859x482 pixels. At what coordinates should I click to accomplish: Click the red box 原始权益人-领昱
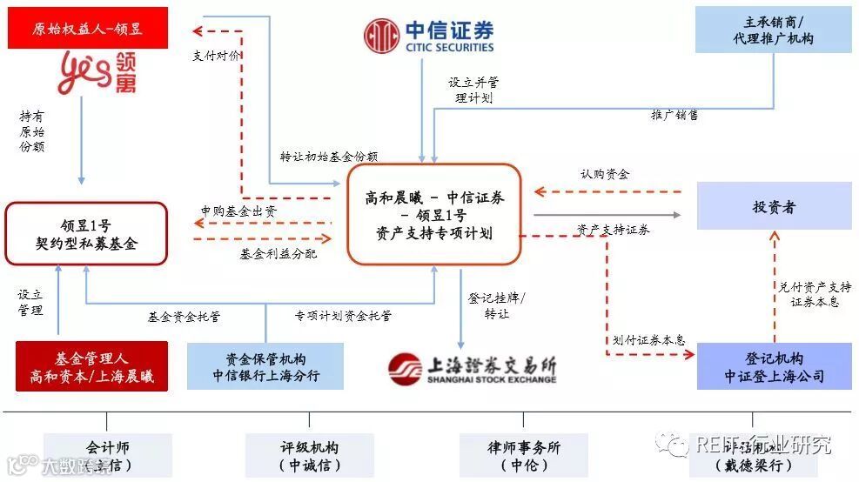pyautogui.click(x=87, y=29)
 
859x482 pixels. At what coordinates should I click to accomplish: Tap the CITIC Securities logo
pyautogui.click(x=428, y=34)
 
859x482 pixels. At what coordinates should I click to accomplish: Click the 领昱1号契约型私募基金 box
pyautogui.click(x=85, y=233)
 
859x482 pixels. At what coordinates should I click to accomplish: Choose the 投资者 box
pyautogui.click(x=774, y=208)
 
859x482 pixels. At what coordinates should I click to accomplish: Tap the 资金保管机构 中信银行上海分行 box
pyautogui.click(x=265, y=366)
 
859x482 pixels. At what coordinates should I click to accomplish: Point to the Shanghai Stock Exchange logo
pyautogui.click(x=472, y=369)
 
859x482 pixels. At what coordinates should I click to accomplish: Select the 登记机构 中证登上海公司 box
pyautogui.click(x=774, y=366)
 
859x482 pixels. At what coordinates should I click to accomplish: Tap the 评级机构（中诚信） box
pyautogui.click(x=309, y=456)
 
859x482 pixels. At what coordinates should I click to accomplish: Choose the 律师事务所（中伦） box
pyautogui.click(x=524, y=456)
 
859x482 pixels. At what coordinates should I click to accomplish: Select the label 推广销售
pyautogui.click(x=674, y=114)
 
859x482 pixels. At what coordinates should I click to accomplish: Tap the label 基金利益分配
pyautogui.click(x=279, y=254)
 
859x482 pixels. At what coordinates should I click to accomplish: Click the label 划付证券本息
pyautogui.click(x=648, y=340)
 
